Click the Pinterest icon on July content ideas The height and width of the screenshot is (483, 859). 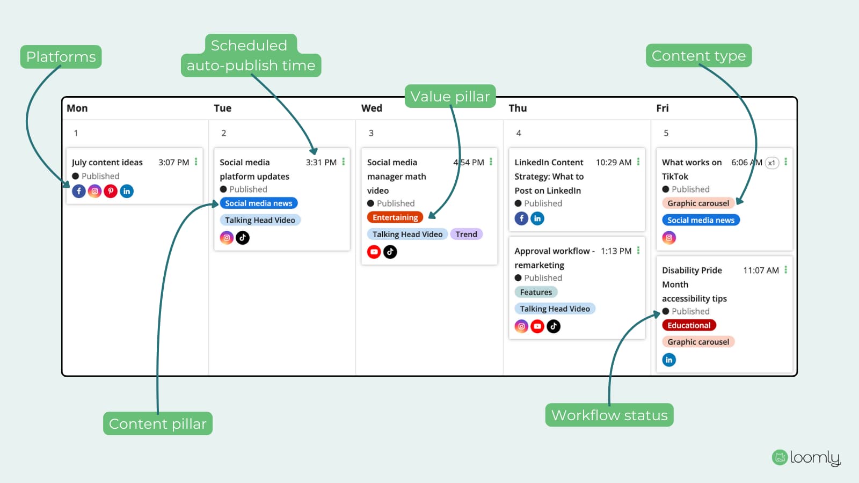pos(111,191)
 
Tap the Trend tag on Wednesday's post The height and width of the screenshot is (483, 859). pos(467,234)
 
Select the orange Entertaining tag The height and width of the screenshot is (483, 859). pos(395,217)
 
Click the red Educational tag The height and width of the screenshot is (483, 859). pos(689,325)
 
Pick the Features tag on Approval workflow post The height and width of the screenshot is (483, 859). pos(536,292)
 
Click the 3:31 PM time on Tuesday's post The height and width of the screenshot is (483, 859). pos(321,162)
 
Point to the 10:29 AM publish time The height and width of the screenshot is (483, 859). pos(614,162)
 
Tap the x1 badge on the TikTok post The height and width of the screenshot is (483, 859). pos(771,163)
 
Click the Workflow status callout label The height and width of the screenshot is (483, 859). pos(609,415)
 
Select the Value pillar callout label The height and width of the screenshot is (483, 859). pos(450,96)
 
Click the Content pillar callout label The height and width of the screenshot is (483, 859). pos(158,423)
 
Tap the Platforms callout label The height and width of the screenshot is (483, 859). pos(61,57)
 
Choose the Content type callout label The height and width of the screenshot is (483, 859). pos(698,56)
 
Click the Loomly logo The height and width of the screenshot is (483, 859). pos(806,458)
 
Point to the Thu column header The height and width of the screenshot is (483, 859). pos(518,108)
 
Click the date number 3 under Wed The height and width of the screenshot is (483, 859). pos(371,133)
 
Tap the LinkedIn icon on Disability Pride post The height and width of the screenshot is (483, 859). pos(669,360)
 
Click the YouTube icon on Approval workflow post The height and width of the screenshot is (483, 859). pos(537,326)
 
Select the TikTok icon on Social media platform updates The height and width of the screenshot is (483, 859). pos(242,238)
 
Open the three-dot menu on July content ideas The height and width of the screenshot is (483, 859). pos(196,162)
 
